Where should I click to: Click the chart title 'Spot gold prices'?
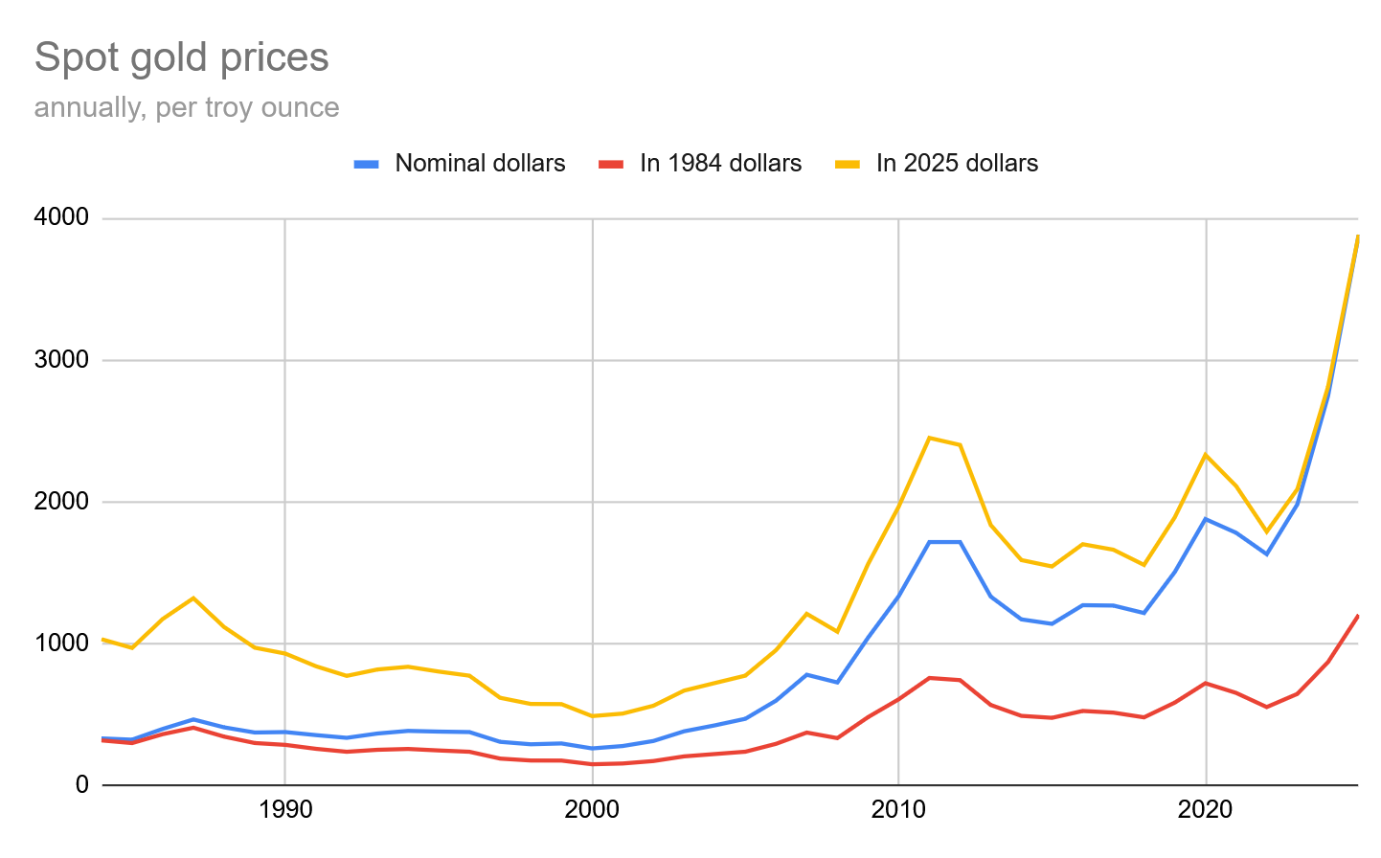[x=181, y=57]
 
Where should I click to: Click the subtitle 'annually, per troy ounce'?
[x=187, y=107]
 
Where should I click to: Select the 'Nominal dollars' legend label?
[x=480, y=164]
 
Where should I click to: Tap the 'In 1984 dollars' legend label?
[x=720, y=164]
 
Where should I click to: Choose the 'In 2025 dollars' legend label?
[x=957, y=164]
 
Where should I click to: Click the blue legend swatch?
[x=367, y=164]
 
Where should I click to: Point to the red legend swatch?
[x=611, y=164]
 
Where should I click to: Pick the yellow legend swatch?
[x=848, y=164]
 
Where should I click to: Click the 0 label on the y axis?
[x=81, y=785]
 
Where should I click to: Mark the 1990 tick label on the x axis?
[x=285, y=810]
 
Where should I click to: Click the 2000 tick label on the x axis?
[x=592, y=810]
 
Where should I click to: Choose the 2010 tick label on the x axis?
[x=898, y=810]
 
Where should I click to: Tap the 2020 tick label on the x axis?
[x=1205, y=810]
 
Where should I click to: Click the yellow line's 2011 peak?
[x=929, y=438]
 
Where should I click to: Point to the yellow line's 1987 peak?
[x=193, y=598]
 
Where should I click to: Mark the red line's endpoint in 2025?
[x=1357, y=616]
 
